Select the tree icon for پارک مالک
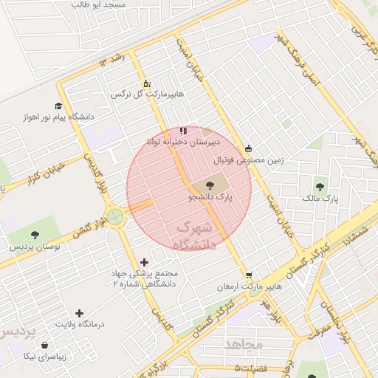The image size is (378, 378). [320, 187]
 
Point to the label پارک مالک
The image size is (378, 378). [320, 199]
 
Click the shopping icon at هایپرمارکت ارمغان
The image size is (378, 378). [249, 275]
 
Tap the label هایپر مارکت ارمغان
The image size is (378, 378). [250, 286]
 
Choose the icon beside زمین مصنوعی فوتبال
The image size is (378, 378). [248, 148]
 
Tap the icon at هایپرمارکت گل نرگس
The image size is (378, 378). [146, 83]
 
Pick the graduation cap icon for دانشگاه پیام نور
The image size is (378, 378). [58, 106]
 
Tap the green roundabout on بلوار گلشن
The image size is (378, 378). [114, 217]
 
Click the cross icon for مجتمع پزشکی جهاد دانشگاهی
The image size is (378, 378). [144, 262]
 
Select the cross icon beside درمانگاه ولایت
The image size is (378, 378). [80, 313]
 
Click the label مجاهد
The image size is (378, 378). [244, 344]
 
